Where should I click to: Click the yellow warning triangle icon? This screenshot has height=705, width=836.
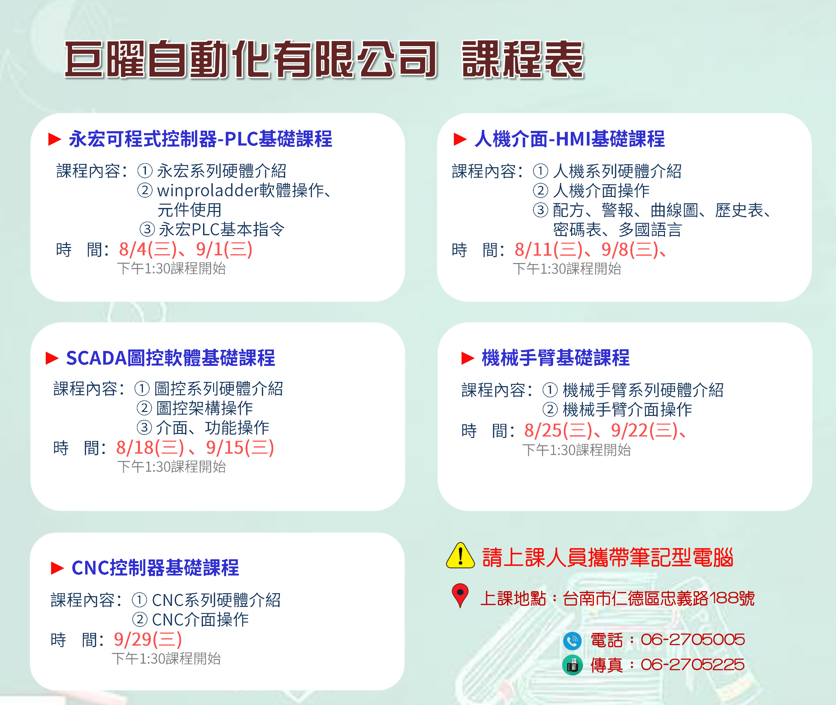coord(460,556)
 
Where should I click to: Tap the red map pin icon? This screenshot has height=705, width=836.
coord(460,596)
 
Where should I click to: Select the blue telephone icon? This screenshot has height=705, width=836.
coord(572,641)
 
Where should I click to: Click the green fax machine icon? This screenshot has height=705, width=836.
coord(572,665)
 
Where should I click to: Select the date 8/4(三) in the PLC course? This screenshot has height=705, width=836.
coord(148,249)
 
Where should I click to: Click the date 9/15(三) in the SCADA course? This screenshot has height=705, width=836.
coord(240,448)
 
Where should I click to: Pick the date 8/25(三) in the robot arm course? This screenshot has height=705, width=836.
coord(558,430)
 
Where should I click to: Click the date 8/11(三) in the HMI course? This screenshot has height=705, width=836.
coord(548,250)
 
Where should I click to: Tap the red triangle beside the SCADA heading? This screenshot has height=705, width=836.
coord(52,358)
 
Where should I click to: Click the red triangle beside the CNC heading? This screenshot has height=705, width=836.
coord(57,568)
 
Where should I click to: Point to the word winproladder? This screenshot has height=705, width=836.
coord(208,191)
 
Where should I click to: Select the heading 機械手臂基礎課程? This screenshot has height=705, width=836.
coord(556,358)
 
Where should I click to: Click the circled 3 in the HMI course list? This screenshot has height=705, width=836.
coord(540,210)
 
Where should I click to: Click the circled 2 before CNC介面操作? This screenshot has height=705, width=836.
coord(140,620)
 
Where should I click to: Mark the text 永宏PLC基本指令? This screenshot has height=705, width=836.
coord(222,229)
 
